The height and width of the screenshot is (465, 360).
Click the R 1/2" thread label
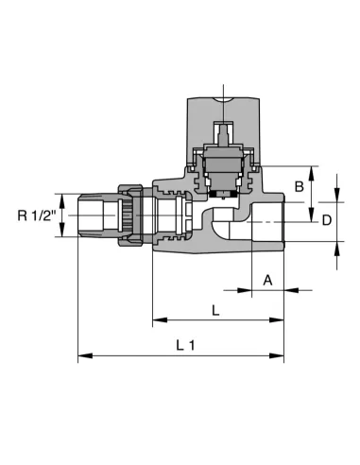[37, 215]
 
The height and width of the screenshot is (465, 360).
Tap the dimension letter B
[299, 186]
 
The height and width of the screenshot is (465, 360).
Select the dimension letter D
[327, 220]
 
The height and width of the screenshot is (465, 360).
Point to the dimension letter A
[267, 280]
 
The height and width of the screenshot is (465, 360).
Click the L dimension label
[215, 311]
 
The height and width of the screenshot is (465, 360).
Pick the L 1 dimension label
[185, 346]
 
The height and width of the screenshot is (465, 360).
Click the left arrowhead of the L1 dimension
[85, 356]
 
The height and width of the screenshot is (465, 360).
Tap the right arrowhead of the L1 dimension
[277, 356]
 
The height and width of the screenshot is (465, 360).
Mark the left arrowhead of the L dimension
[160, 320]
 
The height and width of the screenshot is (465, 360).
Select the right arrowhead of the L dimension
[277, 320]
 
